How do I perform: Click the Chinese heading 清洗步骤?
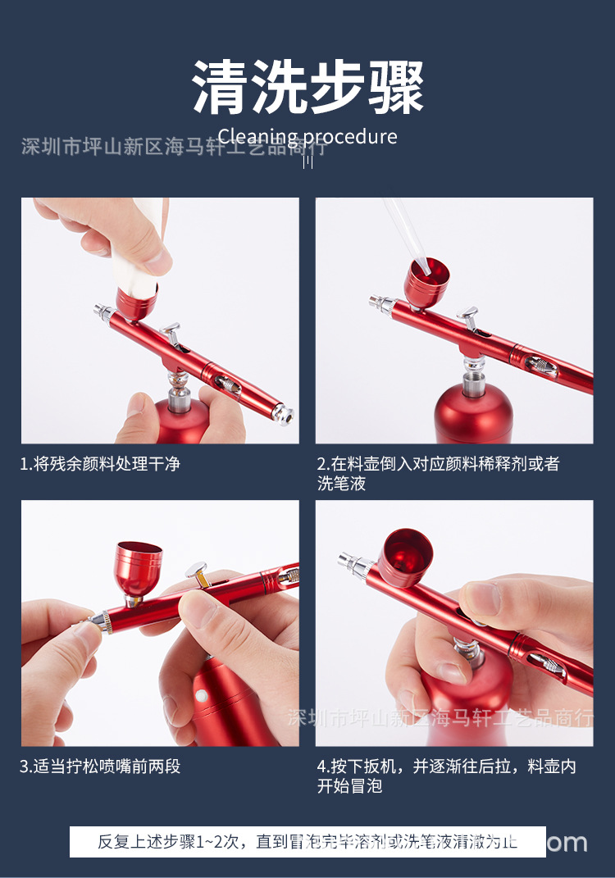(307, 87)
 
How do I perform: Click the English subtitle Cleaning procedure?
(307, 136)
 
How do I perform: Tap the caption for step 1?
(100, 464)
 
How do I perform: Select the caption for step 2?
(438, 474)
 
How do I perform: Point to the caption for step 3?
(100, 767)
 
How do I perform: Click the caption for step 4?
(447, 776)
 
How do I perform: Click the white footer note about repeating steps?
(307, 842)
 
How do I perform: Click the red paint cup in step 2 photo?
(426, 283)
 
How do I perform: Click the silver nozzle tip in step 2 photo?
(379, 303)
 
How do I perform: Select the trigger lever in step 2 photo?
(469, 316)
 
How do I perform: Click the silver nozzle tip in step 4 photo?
(347, 562)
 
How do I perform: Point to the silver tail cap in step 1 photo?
(281, 415)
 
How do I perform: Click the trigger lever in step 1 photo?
(171, 331)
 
